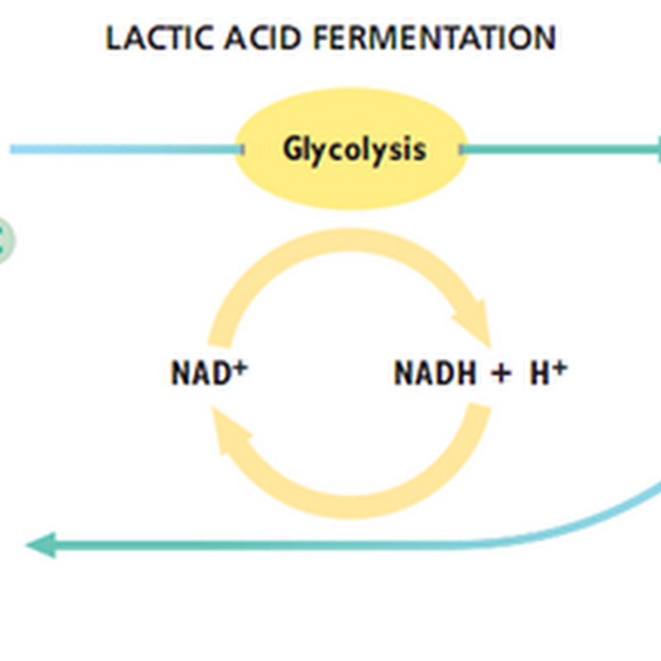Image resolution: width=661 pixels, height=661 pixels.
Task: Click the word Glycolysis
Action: pyautogui.click(x=354, y=150)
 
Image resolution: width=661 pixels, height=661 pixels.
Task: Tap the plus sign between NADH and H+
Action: pyautogui.click(x=500, y=374)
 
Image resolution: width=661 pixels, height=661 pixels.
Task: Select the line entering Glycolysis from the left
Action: pyautogui.click(x=124, y=150)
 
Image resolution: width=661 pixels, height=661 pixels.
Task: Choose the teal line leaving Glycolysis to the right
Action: pyautogui.click(x=562, y=150)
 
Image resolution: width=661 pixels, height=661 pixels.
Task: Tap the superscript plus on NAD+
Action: pyautogui.click(x=240, y=366)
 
